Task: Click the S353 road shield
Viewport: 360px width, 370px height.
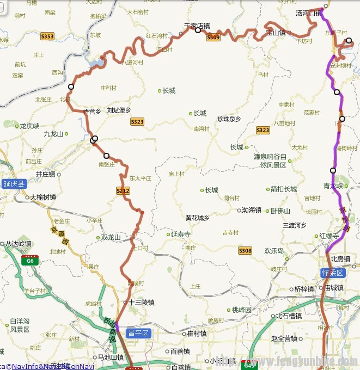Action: pos(47,36)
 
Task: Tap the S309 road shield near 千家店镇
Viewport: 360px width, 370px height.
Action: pos(213,37)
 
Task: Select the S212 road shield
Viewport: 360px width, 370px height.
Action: pos(123,190)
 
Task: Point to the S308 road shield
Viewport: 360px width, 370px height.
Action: pos(245,250)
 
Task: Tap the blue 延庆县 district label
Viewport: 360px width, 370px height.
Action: pos(14,184)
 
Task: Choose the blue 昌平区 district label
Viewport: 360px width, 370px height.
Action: pos(138,332)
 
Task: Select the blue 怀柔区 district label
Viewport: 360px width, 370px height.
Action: pos(332,272)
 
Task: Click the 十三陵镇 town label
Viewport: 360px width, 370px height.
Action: pos(142,303)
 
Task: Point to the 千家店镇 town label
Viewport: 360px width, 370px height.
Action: pos(197,25)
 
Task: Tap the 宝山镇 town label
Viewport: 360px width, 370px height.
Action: pos(276,33)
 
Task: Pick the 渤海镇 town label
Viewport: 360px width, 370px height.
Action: pos(252,210)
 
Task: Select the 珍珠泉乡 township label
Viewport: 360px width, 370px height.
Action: pos(229,119)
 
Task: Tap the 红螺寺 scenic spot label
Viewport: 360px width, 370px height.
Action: pos(330,236)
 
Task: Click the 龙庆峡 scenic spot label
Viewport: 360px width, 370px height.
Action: pos(29,126)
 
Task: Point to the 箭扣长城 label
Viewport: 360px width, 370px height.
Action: pos(284,189)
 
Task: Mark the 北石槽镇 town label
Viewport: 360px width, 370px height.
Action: pos(289,316)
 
